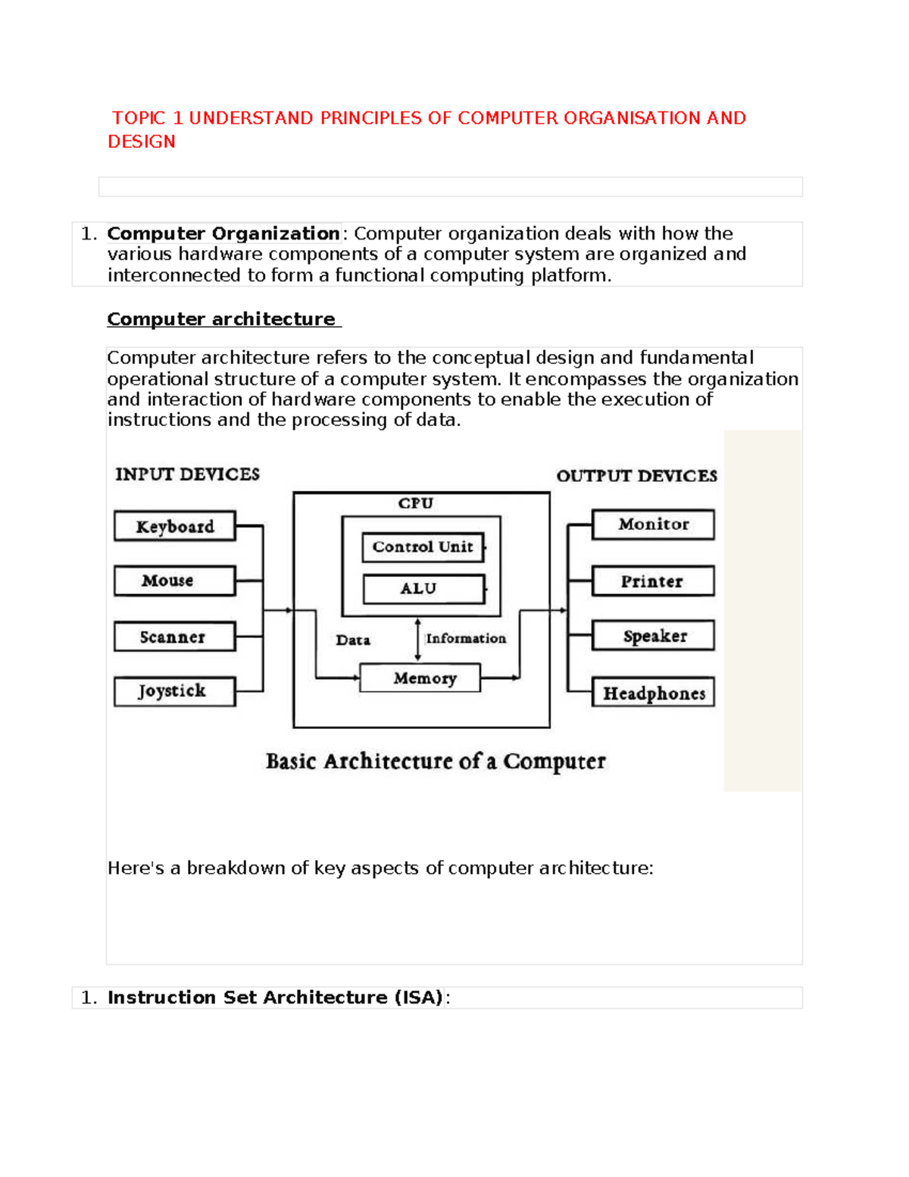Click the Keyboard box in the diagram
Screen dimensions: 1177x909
(x=175, y=526)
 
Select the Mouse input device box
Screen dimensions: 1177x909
(x=175, y=581)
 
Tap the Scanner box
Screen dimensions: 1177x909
(x=175, y=637)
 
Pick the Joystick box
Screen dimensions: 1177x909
(x=175, y=691)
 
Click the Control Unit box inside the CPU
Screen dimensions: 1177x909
(x=423, y=546)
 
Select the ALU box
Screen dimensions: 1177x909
(x=423, y=589)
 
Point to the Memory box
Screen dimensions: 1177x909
(x=420, y=678)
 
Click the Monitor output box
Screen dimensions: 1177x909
(x=653, y=524)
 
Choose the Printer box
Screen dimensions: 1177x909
(x=653, y=581)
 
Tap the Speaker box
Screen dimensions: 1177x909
(x=653, y=636)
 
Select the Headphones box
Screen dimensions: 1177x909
(x=653, y=693)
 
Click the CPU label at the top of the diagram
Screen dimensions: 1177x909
(x=416, y=503)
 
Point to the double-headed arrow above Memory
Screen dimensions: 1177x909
(x=417, y=639)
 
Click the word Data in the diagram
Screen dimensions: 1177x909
(x=353, y=640)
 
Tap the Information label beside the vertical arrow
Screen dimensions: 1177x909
(x=466, y=639)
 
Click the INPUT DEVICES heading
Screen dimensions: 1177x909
(x=187, y=474)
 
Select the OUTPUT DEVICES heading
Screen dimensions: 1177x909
(x=636, y=476)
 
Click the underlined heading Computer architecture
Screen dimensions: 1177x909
(x=221, y=319)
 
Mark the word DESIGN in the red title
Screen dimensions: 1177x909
(x=142, y=142)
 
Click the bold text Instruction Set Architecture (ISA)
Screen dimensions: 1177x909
(x=275, y=997)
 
